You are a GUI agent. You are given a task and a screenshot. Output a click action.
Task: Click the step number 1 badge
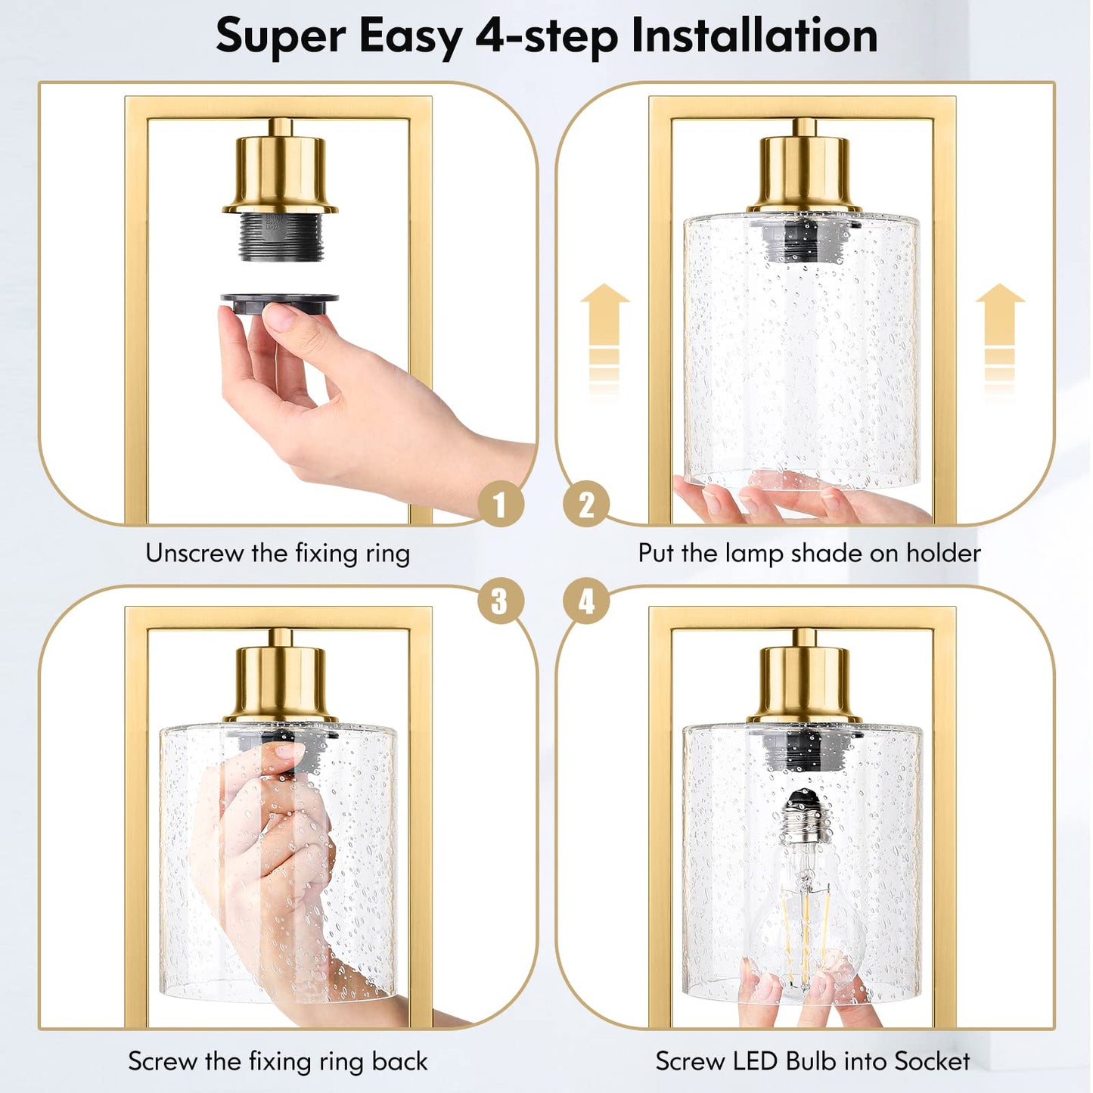(500, 505)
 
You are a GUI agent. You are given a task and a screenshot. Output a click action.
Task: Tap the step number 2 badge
(586, 505)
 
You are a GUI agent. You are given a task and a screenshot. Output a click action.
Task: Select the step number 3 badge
(500, 602)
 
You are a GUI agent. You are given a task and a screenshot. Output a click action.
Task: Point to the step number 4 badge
(586, 602)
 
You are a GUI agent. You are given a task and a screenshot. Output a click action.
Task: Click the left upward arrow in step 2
(604, 333)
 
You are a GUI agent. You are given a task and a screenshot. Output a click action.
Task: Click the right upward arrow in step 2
(1000, 333)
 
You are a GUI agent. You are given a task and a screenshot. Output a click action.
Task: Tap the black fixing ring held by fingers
(278, 303)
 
